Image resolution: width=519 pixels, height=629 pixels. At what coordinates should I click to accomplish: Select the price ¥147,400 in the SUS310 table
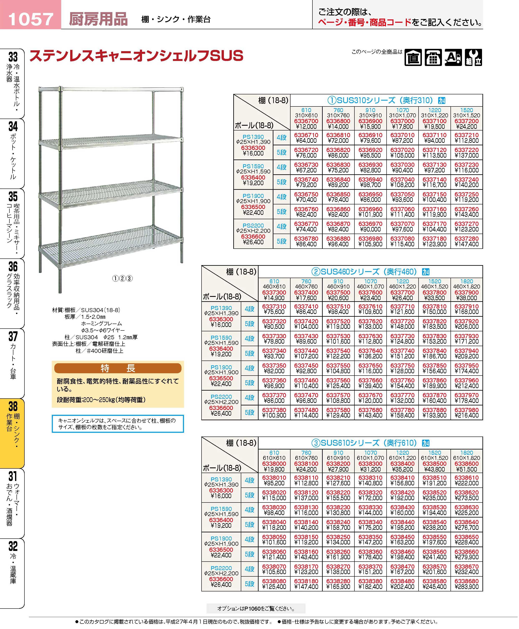(466, 244)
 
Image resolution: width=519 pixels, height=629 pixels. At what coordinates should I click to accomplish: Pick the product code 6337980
(466, 410)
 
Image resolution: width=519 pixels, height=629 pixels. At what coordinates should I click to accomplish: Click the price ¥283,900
(466, 587)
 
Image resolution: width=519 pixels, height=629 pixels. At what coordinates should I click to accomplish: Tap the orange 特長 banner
(118, 368)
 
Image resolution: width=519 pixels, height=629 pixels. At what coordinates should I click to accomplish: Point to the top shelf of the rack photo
(111, 89)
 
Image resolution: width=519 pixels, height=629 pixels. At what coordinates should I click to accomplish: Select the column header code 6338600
(466, 464)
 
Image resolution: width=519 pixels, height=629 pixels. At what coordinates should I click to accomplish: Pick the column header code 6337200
(466, 121)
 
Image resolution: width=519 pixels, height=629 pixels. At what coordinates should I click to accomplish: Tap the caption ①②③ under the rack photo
(122, 278)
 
